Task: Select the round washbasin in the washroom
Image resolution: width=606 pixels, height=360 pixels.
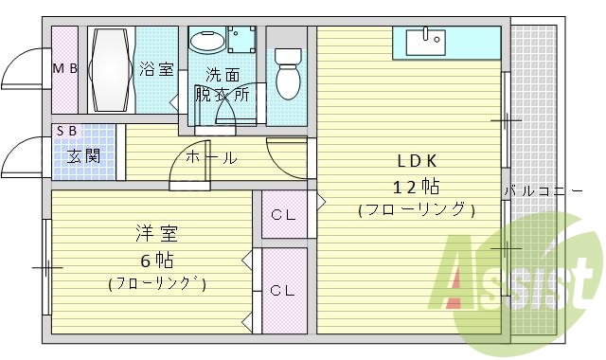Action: tap(207, 43)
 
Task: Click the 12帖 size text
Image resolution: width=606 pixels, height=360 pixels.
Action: tap(416, 185)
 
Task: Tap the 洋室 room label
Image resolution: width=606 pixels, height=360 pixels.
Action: tap(156, 233)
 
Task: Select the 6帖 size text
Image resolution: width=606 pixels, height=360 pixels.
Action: tap(156, 259)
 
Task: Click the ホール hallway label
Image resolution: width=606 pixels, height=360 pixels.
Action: tap(210, 157)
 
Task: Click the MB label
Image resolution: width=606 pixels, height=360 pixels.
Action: tap(63, 68)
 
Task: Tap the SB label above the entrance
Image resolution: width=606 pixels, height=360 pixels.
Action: tap(66, 131)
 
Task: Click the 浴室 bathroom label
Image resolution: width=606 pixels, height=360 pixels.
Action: tap(156, 68)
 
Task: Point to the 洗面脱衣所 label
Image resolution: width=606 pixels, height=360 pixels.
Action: tap(222, 85)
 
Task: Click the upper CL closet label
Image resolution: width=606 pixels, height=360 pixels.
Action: tap(284, 214)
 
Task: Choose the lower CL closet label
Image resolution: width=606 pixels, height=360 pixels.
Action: tap(284, 290)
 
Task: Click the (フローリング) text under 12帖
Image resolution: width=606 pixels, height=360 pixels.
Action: tap(416, 209)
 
